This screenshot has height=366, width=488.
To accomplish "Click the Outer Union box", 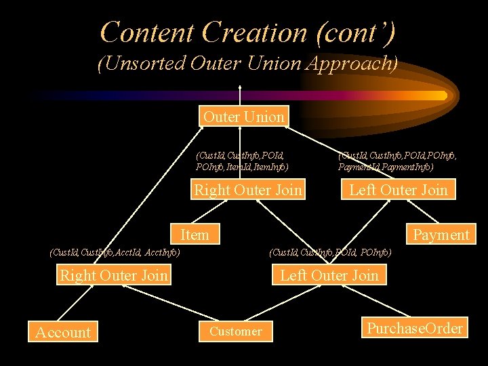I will click(243, 117).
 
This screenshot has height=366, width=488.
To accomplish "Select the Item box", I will click(195, 235).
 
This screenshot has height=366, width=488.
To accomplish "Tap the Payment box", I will click(441, 235).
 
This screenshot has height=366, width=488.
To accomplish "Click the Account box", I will click(62, 332).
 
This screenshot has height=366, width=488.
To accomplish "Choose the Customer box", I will click(235, 331).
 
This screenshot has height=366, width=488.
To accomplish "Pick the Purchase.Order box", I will click(415, 328).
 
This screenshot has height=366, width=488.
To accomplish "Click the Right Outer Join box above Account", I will click(113, 274).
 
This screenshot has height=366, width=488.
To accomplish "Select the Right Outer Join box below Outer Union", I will click(248, 190).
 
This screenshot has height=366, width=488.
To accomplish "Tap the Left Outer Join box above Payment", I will click(398, 190).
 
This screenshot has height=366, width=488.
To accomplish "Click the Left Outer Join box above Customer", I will click(329, 274).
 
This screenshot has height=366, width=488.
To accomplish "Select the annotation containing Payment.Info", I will click(396, 161).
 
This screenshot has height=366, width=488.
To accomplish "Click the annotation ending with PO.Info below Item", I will click(330, 253).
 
